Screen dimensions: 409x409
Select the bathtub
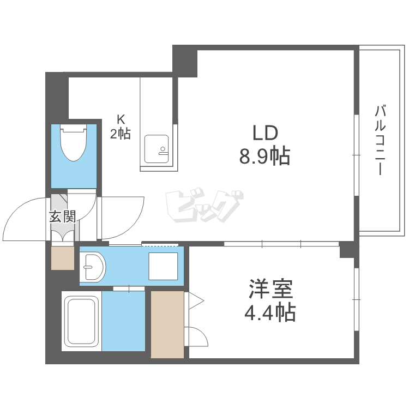[x=81, y=322]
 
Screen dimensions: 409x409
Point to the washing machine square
[x=163, y=266]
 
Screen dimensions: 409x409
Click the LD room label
[x=264, y=133]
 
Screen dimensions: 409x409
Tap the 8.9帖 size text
[x=264, y=157]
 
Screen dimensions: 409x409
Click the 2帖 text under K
[x=121, y=134]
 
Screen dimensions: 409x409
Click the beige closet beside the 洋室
[x=167, y=324]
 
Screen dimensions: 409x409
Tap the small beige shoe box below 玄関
[x=62, y=258]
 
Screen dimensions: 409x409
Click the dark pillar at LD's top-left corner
[x=185, y=61]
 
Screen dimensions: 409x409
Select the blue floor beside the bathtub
[x=123, y=322]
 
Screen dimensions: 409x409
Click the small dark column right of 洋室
[x=347, y=251]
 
